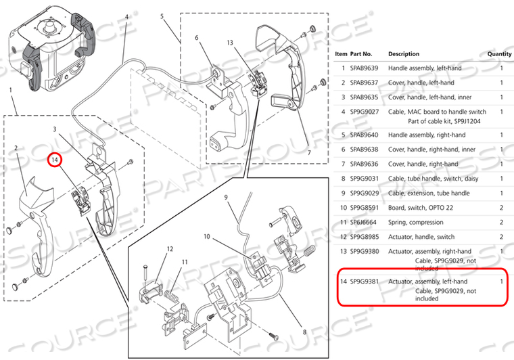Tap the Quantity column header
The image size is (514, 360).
(x=500, y=54)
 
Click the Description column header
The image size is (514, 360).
(x=404, y=54)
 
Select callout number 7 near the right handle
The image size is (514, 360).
(x=310, y=152)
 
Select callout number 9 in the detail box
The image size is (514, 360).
(x=228, y=198)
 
